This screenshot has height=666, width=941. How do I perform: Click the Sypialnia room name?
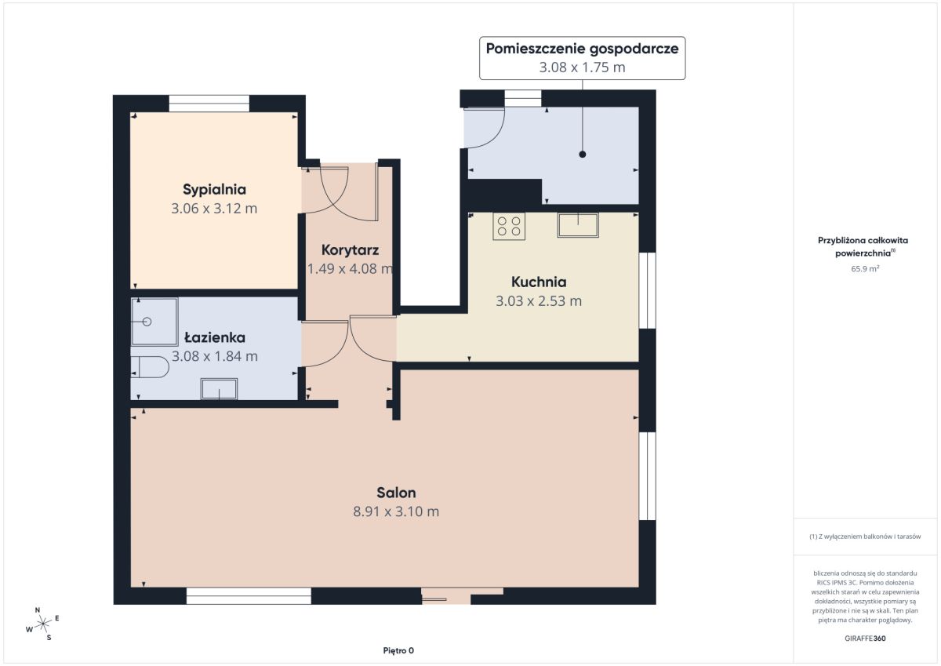214,190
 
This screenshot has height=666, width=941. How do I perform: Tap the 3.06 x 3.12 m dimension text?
214,209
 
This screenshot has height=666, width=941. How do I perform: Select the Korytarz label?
350,250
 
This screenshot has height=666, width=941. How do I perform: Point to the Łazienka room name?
215,337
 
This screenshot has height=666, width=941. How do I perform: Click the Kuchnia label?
539,282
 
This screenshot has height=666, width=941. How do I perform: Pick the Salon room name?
396,493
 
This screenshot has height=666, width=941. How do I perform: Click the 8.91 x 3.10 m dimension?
396,511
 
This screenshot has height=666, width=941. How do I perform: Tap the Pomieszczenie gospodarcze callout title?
582,49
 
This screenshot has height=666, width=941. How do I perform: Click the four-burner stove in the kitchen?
509,226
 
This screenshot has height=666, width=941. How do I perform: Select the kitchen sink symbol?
578,225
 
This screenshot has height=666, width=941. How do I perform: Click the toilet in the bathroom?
150,367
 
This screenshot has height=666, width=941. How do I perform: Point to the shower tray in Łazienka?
154,322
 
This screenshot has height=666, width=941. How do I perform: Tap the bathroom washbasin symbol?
219,388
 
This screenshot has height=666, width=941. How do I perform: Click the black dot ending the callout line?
582,155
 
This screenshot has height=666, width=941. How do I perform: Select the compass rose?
43,624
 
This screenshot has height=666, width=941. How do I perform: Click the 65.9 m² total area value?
865,268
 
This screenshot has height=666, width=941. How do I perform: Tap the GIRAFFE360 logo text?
865,639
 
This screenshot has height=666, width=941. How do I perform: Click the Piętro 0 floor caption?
398,650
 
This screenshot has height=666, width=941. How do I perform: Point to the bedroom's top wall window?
209,104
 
